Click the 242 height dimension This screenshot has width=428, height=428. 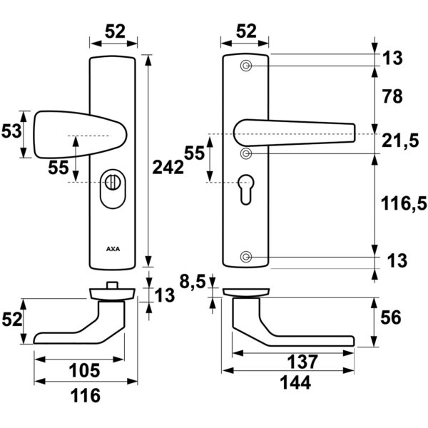168,167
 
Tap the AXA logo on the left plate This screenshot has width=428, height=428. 113,250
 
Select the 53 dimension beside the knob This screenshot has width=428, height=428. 10,131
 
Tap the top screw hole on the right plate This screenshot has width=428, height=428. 246,66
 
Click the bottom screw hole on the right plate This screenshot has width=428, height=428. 246,257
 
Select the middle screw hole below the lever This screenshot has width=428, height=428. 246,153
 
